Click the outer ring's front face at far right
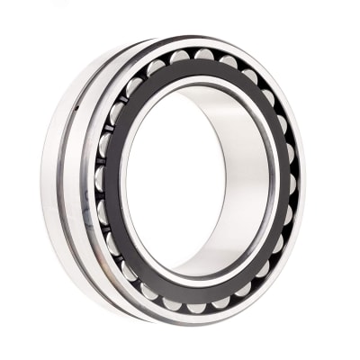[302, 184]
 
